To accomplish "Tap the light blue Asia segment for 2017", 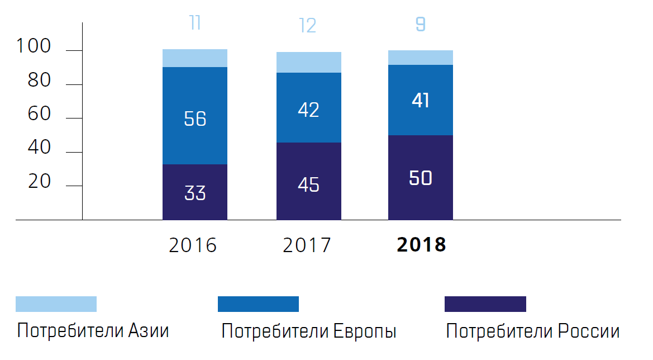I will point(308,62).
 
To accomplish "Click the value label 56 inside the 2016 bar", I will point(195,119).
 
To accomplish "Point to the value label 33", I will point(195,193).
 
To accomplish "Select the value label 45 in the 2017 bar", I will point(308,184).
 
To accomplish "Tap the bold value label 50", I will point(421,178).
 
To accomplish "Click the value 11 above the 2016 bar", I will point(195,23).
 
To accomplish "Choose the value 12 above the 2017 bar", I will point(308,26).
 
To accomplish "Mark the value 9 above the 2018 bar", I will point(421,25).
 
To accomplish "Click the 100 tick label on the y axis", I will point(34,47).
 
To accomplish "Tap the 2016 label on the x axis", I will point(193,245).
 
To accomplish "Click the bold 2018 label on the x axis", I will point(421,245).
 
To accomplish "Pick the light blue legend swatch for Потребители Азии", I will point(56,304).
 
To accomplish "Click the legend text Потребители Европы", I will point(309,331).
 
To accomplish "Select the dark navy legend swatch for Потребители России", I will point(485,304).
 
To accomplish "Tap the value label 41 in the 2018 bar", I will point(421,101).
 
